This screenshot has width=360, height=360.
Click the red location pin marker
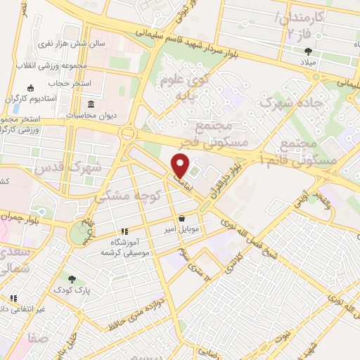coord(181,166)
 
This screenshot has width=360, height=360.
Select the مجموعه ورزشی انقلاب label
coord(54,65)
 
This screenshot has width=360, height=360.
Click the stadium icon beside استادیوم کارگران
coord(30,88)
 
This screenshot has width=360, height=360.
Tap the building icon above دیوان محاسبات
coord(90,104)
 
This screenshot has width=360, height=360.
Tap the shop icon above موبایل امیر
coord(183,218)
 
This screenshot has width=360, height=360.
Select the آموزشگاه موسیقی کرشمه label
coord(124,246)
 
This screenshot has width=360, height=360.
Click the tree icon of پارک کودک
coord(71,278)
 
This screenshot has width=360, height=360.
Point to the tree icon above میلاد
coord(308,51)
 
